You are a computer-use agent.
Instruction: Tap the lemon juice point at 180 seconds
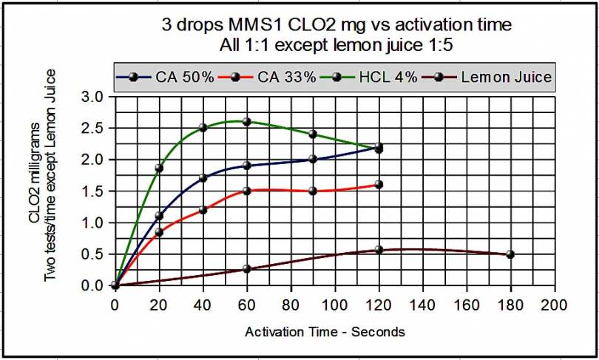click(510, 254)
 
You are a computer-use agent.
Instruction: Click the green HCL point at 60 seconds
click(246, 121)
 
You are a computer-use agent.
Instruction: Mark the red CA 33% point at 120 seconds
click(379, 185)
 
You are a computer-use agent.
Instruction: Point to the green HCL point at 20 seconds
click(159, 169)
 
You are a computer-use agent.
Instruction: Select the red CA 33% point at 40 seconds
click(203, 210)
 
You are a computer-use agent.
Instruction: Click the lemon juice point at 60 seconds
click(246, 269)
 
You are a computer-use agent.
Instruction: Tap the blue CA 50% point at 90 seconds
click(313, 159)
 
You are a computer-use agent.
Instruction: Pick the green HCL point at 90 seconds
click(313, 135)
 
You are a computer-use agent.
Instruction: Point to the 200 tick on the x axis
click(554, 305)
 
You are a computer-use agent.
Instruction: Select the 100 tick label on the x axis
click(334, 305)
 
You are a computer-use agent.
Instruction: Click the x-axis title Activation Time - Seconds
click(325, 332)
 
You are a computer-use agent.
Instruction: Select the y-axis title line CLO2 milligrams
click(35, 191)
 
